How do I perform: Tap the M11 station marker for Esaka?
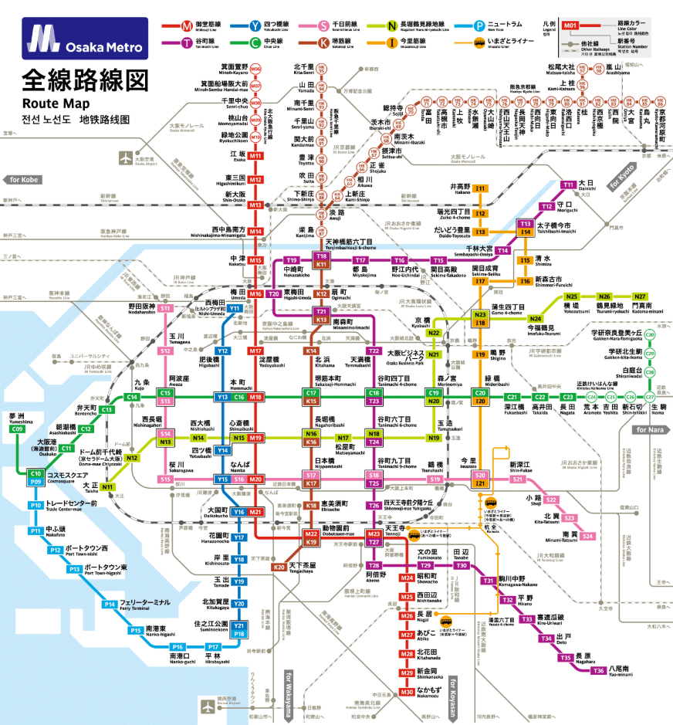(255, 156)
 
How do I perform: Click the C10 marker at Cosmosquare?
(35, 473)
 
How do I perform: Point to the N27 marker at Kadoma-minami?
(640, 296)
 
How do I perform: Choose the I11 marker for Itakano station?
(480, 188)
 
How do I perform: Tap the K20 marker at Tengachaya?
(279, 567)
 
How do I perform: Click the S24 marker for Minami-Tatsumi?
(588, 535)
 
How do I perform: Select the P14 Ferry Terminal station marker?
(110, 605)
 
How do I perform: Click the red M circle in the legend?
(187, 24)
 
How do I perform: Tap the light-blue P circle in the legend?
(480, 24)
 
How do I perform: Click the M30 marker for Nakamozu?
(407, 692)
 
